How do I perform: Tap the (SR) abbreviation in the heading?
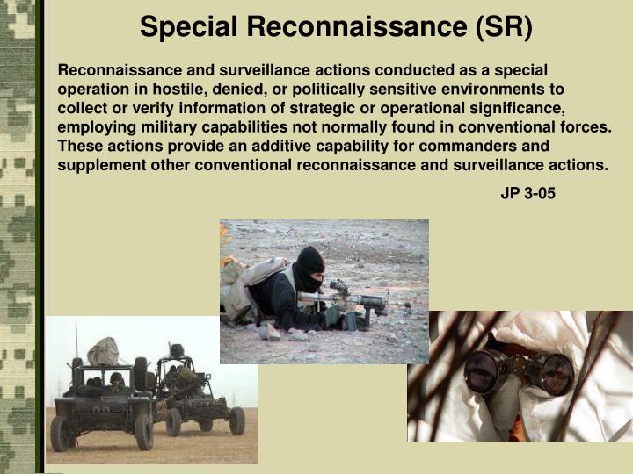(504, 27)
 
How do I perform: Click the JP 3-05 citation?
(527, 194)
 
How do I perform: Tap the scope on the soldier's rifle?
(338, 287)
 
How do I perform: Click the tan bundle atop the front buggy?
(103, 350)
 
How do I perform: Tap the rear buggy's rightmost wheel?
(236, 420)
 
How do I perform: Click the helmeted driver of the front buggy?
(115, 380)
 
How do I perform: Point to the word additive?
(241, 146)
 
